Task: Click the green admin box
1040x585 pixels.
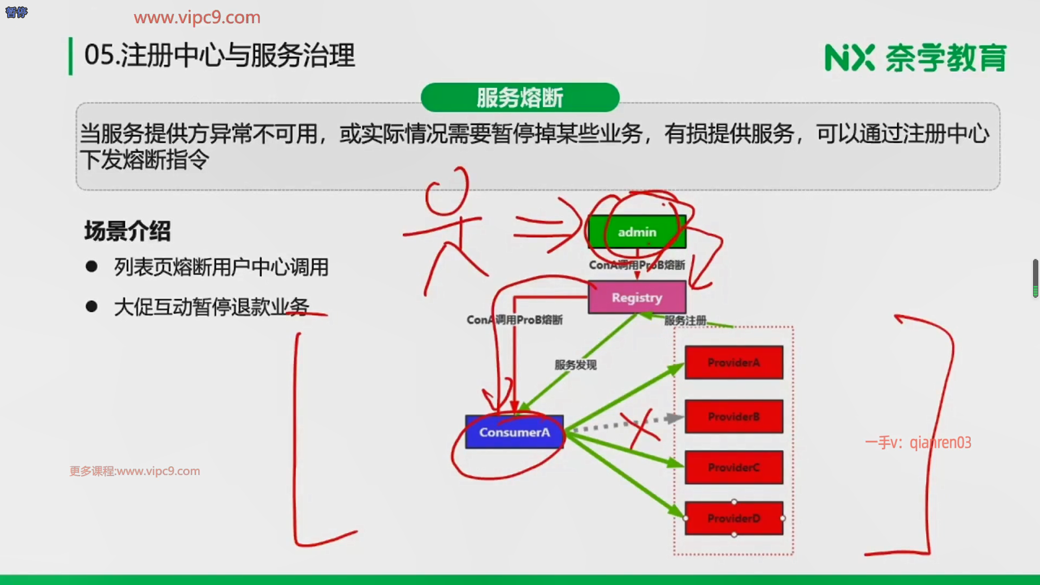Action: tap(637, 232)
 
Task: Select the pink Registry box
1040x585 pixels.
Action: tap(637, 297)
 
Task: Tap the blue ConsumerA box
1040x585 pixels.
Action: tap(514, 432)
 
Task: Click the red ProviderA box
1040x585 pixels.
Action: tap(733, 362)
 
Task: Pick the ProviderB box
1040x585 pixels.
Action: tap(733, 417)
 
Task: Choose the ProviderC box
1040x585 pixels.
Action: tap(733, 467)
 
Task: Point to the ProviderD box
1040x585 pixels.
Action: tap(733, 518)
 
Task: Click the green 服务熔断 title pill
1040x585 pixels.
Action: tap(519, 97)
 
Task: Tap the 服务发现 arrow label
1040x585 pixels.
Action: tap(575, 365)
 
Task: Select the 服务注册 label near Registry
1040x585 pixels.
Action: tap(685, 320)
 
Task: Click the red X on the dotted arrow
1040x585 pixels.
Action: tap(641, 428)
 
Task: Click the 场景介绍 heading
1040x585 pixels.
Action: tap(127, 231)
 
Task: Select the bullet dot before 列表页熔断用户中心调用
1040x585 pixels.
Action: tap(92, 266)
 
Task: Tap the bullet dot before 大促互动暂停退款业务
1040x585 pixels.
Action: tap(92, 307)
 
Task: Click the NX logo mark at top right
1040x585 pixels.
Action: tap(849, 57)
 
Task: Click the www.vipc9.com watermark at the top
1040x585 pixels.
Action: tap(197, 17)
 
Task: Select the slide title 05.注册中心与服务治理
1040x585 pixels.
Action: tap(219, 55)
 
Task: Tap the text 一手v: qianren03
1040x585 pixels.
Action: tap(918, 443)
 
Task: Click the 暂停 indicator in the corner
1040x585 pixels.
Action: tap(16, 12)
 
